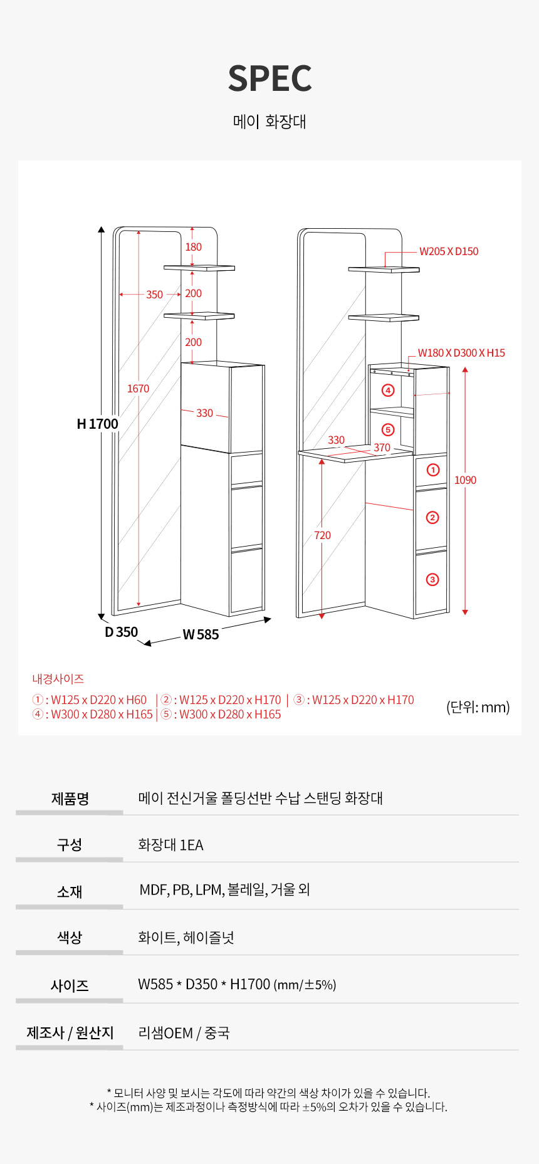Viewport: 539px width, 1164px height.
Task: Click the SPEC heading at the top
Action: [x=270, y=78]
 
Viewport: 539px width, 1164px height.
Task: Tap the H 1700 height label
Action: [x=97, y=424]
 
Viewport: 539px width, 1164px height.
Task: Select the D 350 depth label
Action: [x=121, y=632]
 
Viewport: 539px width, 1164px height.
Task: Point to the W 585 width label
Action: [x=201, y=634]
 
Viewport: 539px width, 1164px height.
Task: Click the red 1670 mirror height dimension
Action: [x=138, y=389]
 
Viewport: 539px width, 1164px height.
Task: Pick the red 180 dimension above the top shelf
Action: [x=193, y=247]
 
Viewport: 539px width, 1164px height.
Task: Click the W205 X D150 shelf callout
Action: [x=449, y=251]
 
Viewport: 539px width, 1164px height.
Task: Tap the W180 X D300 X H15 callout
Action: [x=461, y=353]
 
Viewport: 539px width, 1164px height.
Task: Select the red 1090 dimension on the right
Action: [x=465, y=480]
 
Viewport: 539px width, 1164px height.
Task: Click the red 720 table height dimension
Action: [x=322, y=535]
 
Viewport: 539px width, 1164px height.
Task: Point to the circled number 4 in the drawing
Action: [x=388, y=391]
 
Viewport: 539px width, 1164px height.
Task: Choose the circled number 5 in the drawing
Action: [x=388, y=430]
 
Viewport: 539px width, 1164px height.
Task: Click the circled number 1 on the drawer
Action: [x=432, y=469]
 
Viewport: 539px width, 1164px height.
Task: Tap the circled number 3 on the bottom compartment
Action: [x=432, y=579]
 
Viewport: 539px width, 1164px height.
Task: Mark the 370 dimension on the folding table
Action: [x=382, y=448]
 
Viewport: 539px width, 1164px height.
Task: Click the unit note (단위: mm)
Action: [x=478, y=707]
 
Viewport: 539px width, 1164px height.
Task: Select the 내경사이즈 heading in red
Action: [x=58, y=679]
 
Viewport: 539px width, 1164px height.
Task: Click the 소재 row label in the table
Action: [x=70, y=891]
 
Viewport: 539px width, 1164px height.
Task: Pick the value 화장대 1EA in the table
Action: [x=170, y=845]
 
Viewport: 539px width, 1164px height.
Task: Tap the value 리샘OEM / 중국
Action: [x=184, y=1033]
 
